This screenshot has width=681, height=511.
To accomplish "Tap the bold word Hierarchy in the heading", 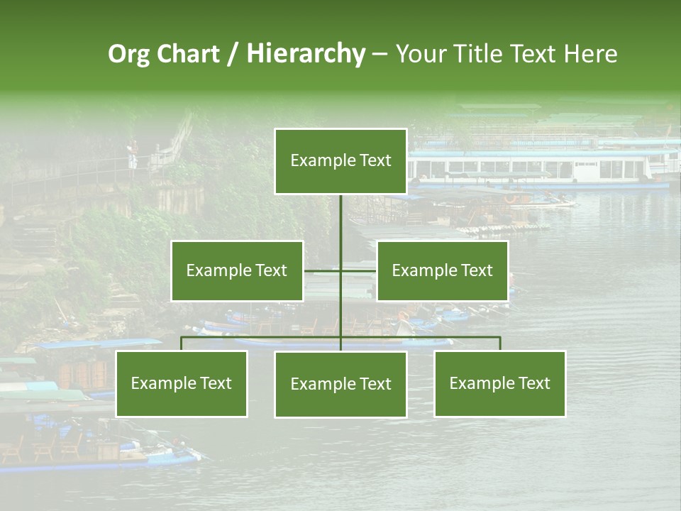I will coord(305,54).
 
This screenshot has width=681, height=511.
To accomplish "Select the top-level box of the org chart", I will coord(340,161).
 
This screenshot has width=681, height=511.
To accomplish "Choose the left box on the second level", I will coord(236,270).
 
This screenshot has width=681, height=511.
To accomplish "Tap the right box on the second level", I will coord(442,270).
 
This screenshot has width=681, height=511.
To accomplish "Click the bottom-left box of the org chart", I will coord(181,383).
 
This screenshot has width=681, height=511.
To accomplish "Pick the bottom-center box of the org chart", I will coord(340,384).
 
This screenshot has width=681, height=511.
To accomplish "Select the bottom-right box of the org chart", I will coord(499,383).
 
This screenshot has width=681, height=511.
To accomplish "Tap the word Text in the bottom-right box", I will coord(534,383).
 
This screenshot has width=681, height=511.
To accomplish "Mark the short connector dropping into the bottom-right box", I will coord(500,344).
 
